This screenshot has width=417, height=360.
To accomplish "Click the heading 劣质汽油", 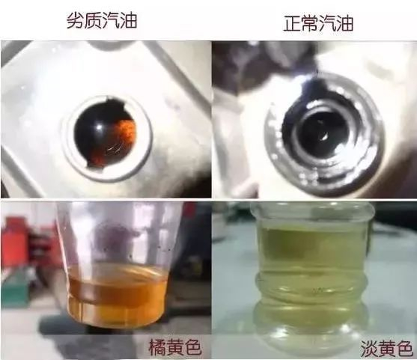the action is [x=102, y=21].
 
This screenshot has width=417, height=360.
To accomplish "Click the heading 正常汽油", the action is [x=318, y=23].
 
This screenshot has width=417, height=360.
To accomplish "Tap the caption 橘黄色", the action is [x=174, y=347].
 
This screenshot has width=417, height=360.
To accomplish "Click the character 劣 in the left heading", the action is [x=76, y=21].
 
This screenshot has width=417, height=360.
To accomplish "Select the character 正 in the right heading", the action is [x=292, y=23].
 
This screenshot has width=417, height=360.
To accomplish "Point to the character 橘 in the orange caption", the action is [x=157, y=347].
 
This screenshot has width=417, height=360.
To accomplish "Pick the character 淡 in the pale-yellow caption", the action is [x=369, y=348].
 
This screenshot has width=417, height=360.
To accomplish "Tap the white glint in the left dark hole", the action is [x=99, y=127].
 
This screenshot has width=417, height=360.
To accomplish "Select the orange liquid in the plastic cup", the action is [x=117, y=295].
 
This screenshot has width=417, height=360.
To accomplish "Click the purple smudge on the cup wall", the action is [x=115, y=240].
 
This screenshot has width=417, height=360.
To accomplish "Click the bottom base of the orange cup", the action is [x=117, y=323].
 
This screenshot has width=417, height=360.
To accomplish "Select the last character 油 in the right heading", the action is [x=345, y=23].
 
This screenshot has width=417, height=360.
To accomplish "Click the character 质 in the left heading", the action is [x=93, y=21].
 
